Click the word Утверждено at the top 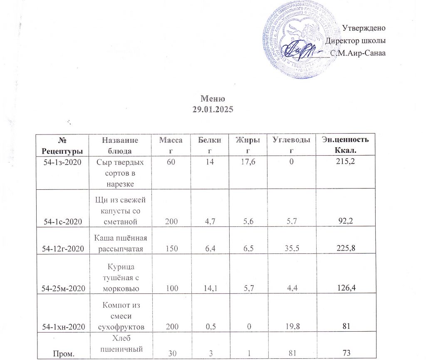pyautogui.click(x=364, y=28)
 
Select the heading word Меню pyautogui.click(x=213, y=99)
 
